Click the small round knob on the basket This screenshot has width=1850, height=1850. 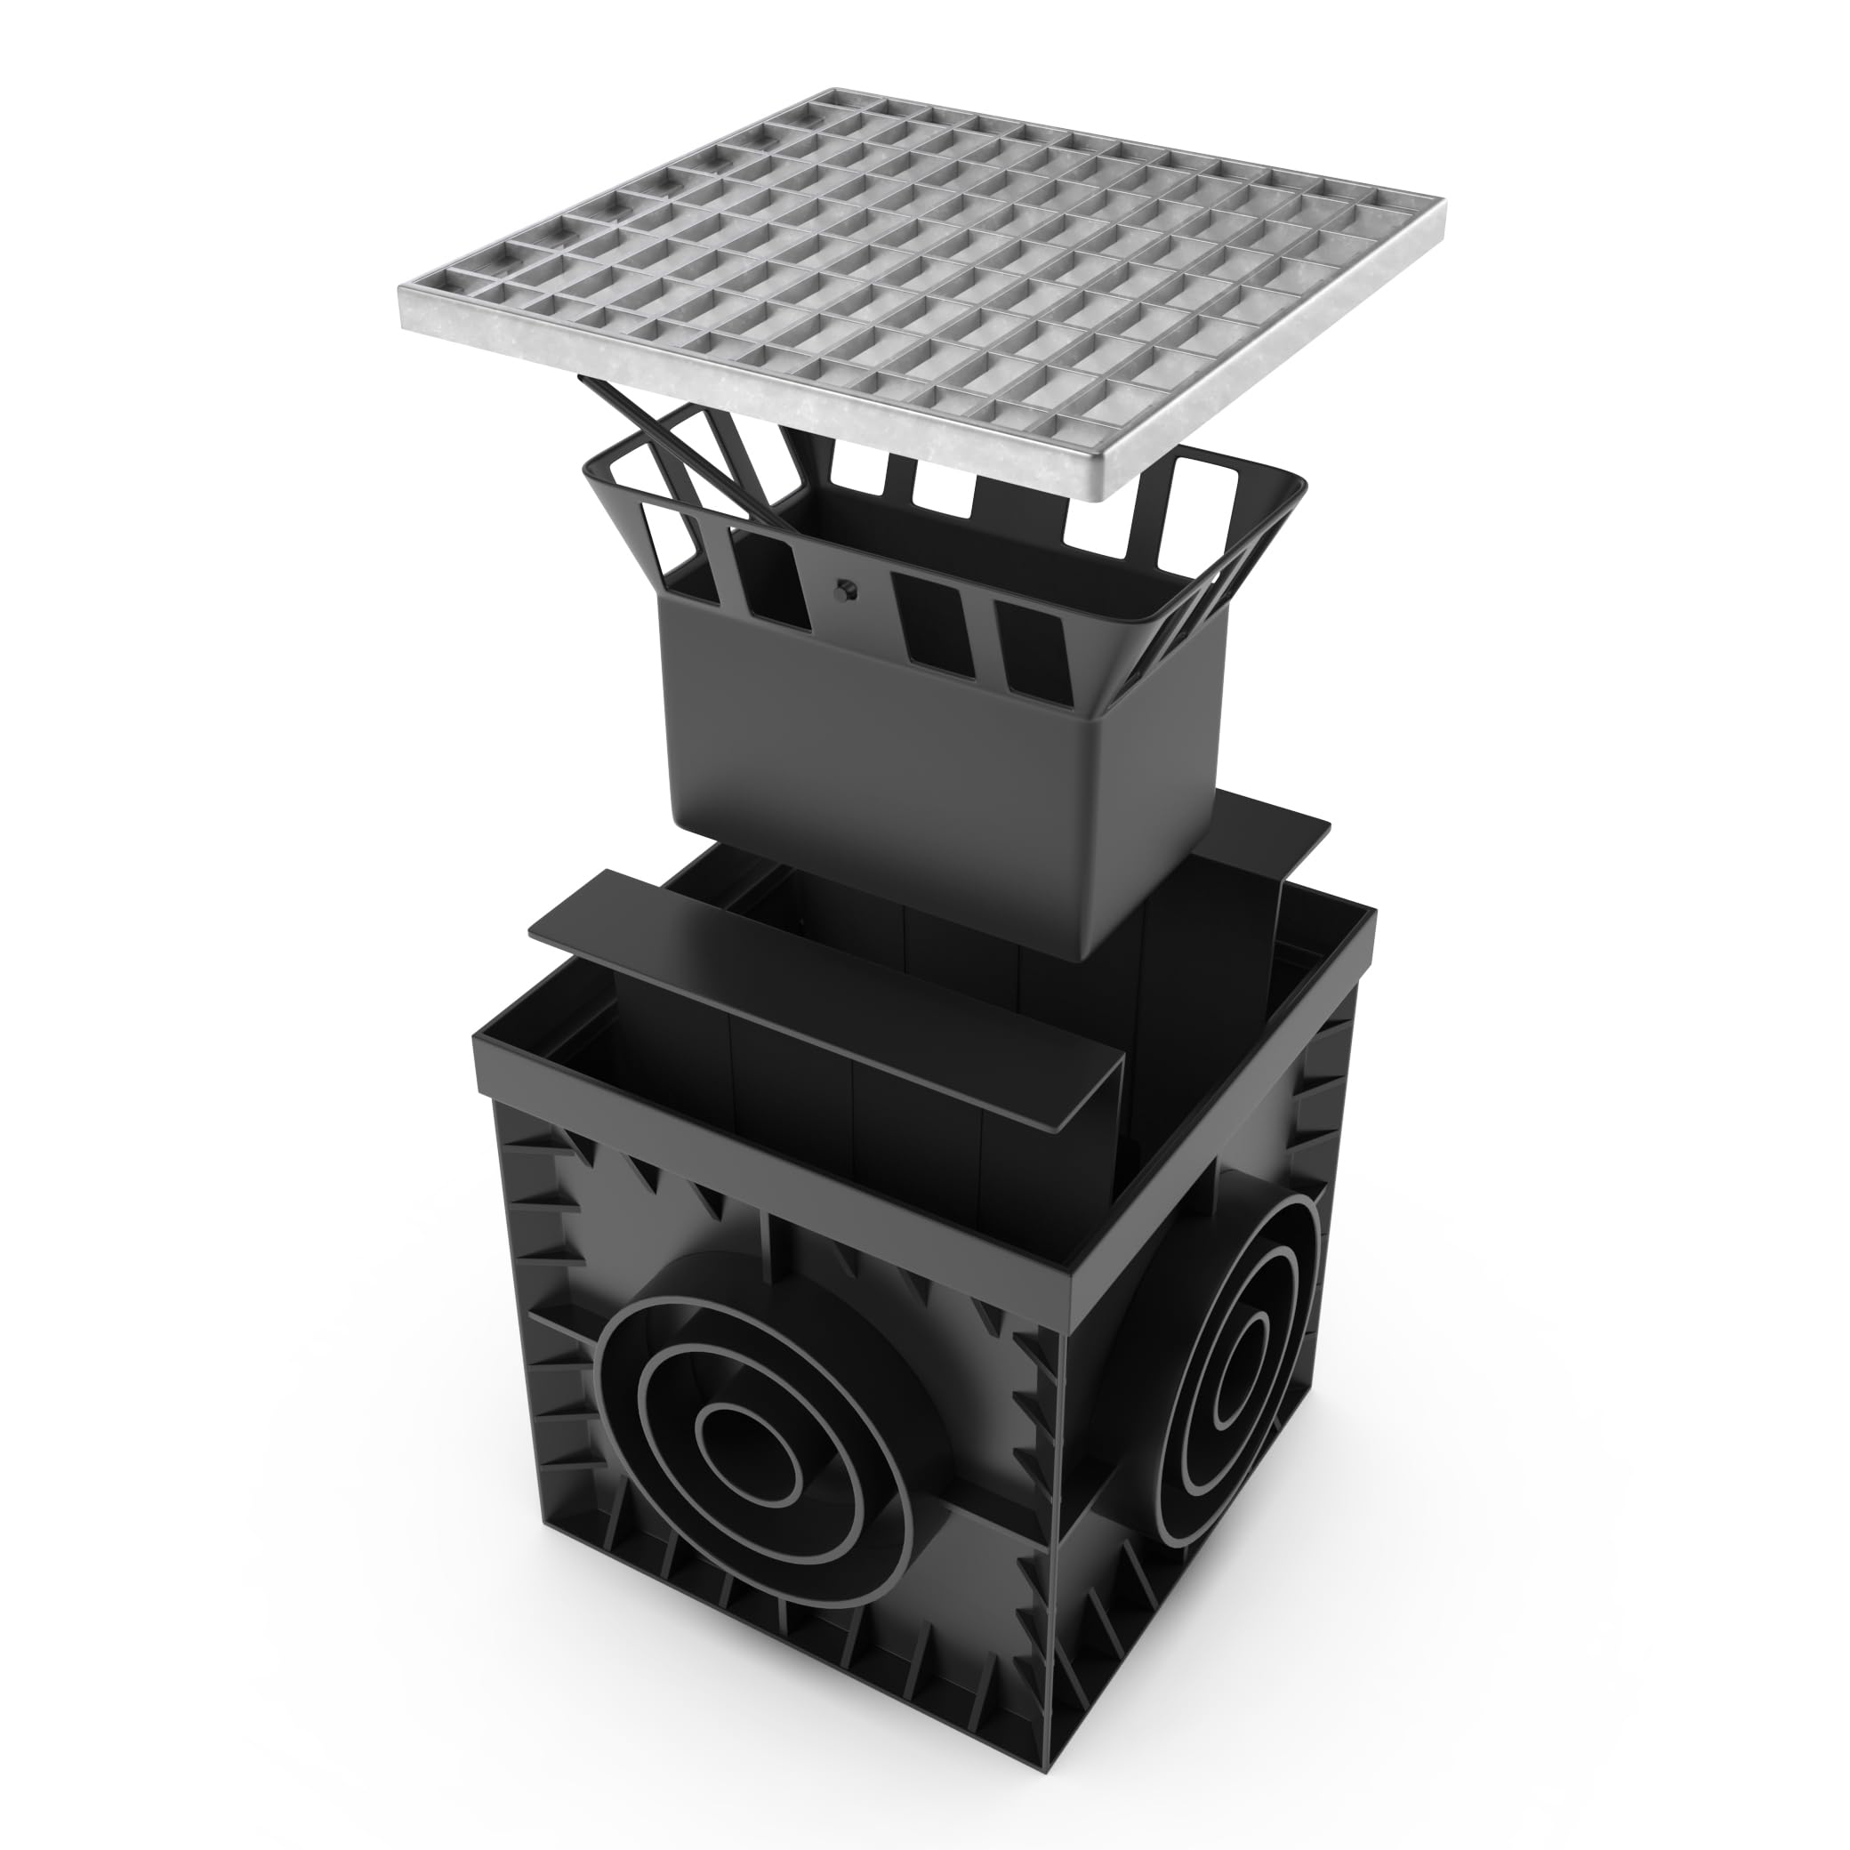click(846, 591)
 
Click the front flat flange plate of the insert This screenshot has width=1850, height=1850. click(824, 996)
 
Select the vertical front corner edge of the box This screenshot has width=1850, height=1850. click(1061, 1532)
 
